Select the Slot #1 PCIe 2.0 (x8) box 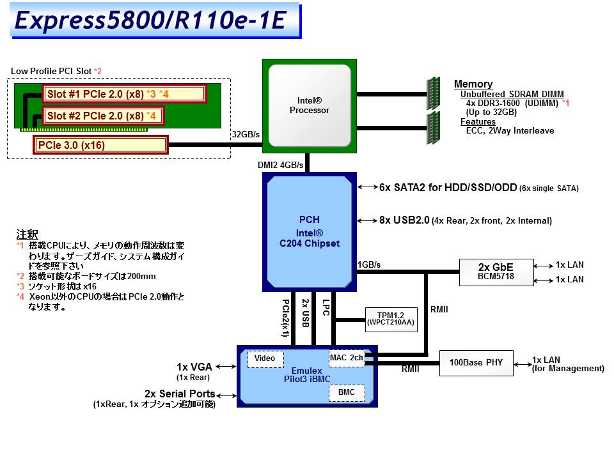pos(123,95)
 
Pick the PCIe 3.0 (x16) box pos(100,145)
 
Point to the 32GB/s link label pos(246,134)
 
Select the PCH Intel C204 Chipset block pos(309,232)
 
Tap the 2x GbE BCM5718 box pos(496,272)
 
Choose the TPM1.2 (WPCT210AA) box pos(391,318)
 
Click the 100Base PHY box pos(476,362)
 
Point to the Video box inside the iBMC pos(265,358)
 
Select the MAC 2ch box pos(346,358)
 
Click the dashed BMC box pos(346,392)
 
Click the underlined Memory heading pos(473,84)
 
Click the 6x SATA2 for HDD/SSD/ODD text pos(447,188)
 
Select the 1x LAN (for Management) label pos(568,364)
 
